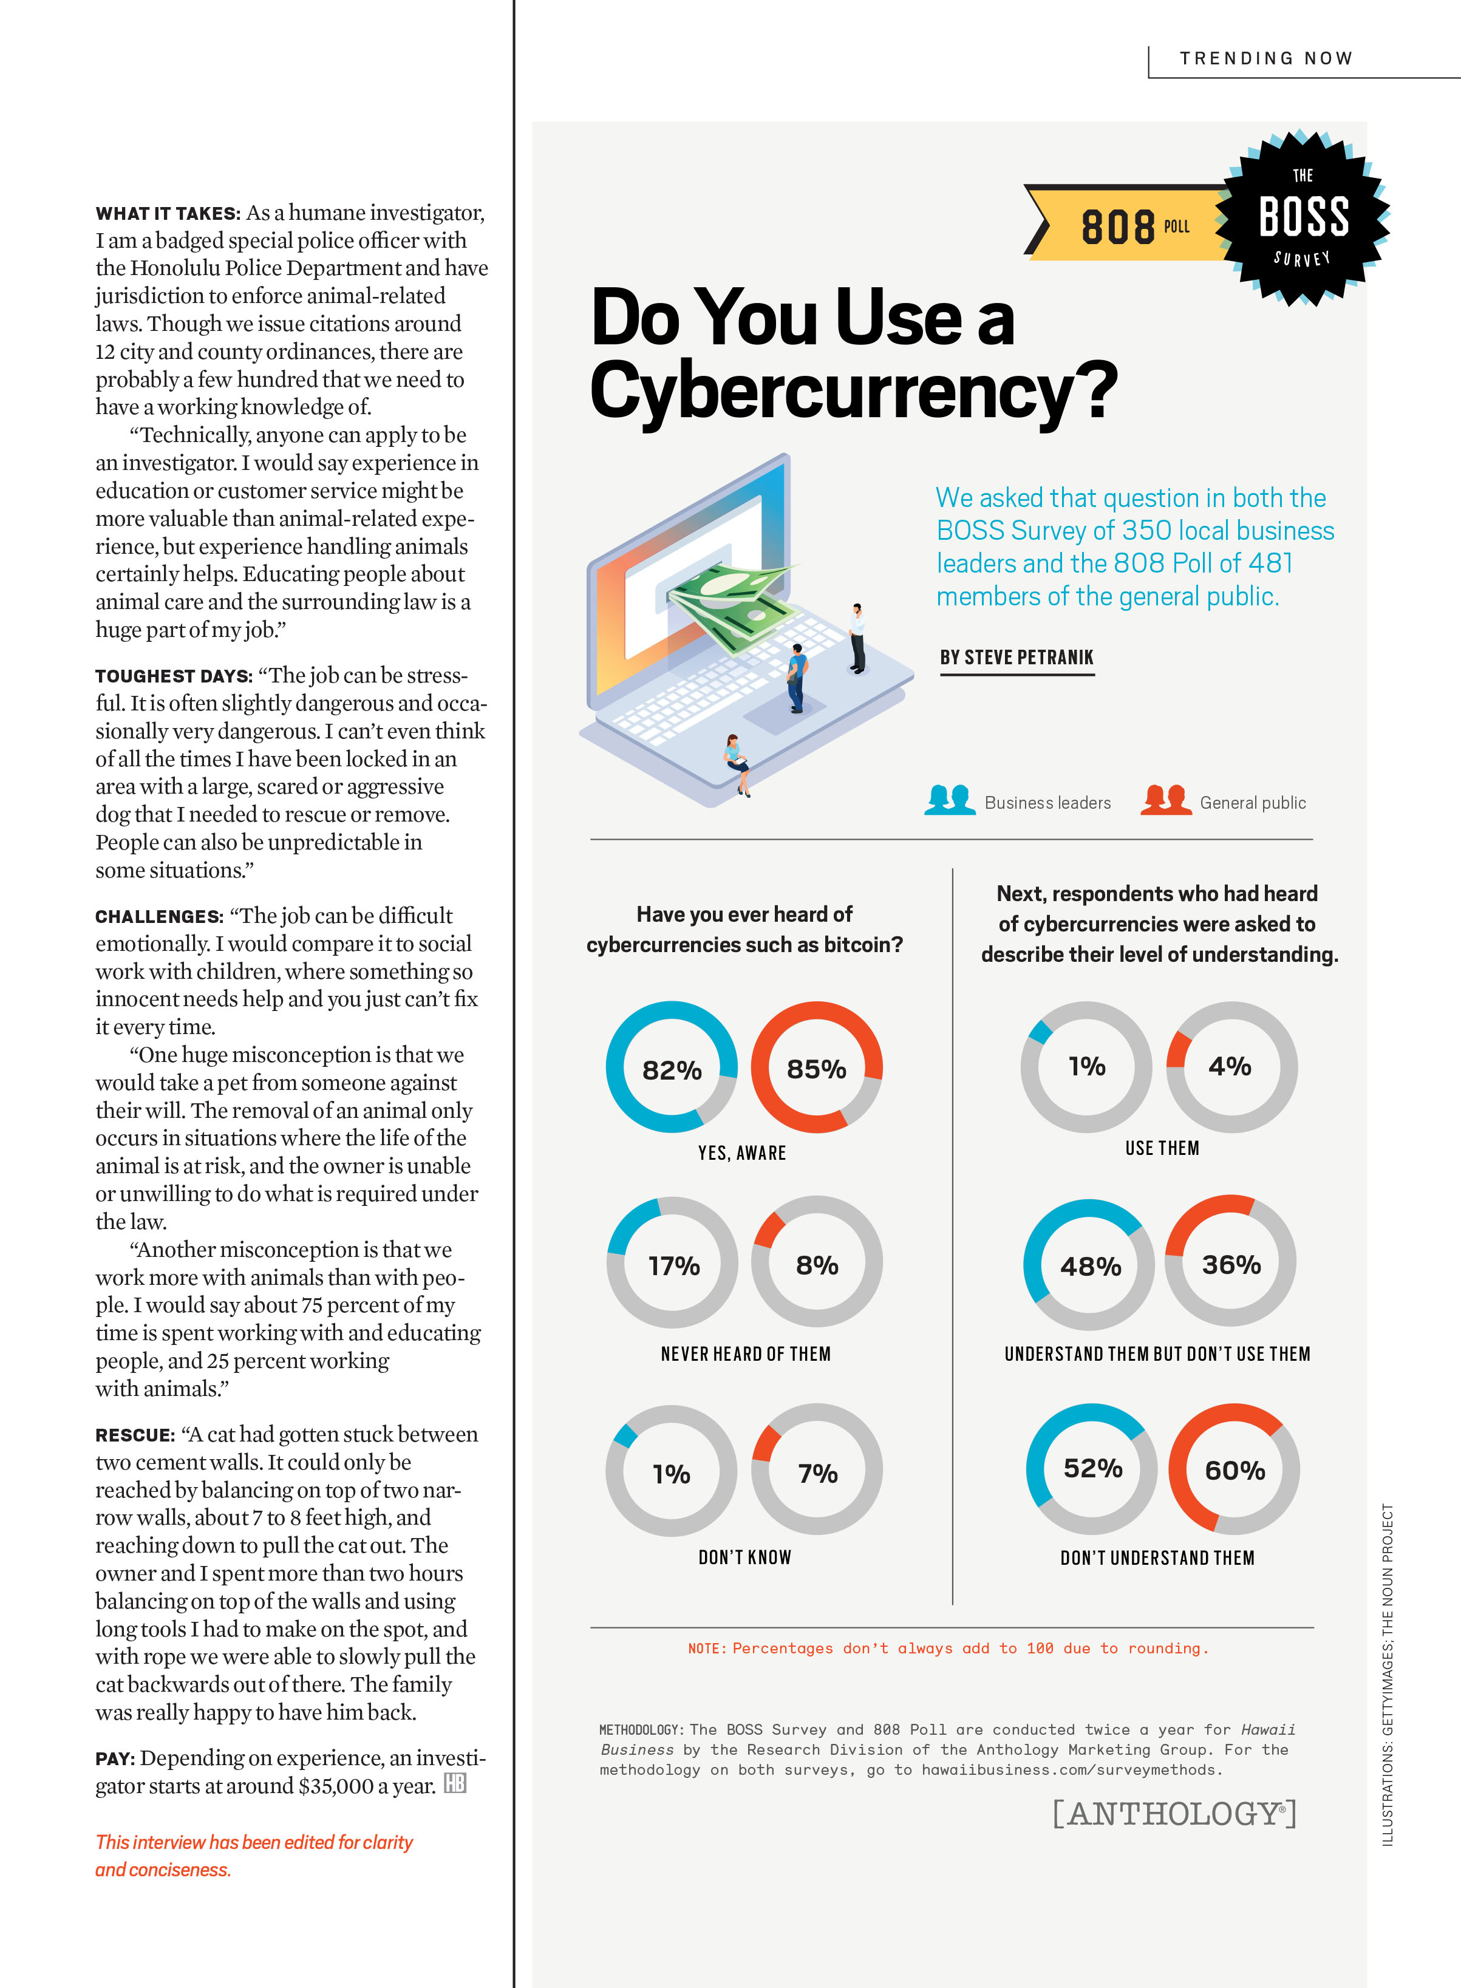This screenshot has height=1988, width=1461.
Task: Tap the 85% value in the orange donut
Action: click(x=816, y=1069)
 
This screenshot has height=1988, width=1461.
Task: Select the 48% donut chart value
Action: click(x=1091, y=1267)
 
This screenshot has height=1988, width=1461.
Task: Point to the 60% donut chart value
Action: click(x=1235, y=1470)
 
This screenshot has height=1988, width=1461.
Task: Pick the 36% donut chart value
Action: click(x=1231, y=1265)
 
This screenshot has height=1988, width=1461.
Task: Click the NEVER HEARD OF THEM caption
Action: click(x=746, y=1354)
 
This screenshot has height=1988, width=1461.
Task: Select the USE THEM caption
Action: click(x=1162, y=1148)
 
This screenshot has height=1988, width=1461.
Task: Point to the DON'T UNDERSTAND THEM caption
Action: click(x=1157, y=1557)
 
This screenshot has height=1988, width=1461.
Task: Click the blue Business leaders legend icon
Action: click(x=950, y=800)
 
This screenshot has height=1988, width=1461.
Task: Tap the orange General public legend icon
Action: click(x=1166, y=800)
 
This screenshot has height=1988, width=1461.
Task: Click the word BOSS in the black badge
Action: click(x=1304, y=217)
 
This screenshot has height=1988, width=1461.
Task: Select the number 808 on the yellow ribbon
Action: click(x=1118, y=227)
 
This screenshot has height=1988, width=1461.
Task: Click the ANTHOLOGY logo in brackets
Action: click(x=1174, y=1813)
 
